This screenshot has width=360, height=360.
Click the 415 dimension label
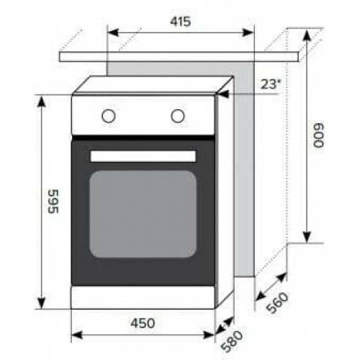point(181,22)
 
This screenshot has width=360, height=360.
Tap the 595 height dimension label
point(53,201)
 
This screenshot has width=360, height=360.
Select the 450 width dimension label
point(143,323)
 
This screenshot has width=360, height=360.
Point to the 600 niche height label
point(318,135)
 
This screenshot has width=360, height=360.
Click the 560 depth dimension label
point(278,303)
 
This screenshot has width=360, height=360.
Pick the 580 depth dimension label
point(232,341)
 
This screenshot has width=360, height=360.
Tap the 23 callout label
point(271,84)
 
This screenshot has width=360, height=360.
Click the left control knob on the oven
point(109,116)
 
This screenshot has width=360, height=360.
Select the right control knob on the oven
point(178,116)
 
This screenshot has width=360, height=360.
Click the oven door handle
point(143,156)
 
